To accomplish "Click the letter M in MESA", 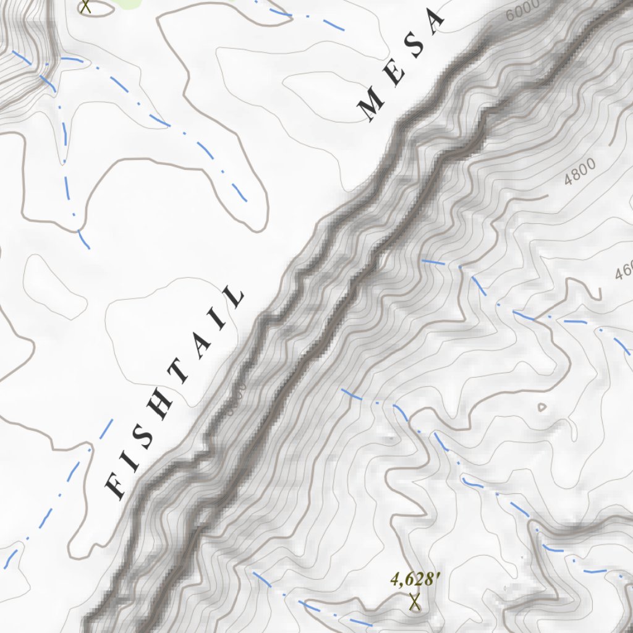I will click(374, 104).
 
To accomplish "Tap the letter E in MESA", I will click(397, 75).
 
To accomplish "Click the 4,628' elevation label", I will click(415, 579).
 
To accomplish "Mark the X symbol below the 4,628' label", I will click(415, 601).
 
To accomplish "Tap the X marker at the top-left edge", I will click(86, 6).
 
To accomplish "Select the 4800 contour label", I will click(579, 172).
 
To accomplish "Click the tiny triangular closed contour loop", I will click(542, 407).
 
